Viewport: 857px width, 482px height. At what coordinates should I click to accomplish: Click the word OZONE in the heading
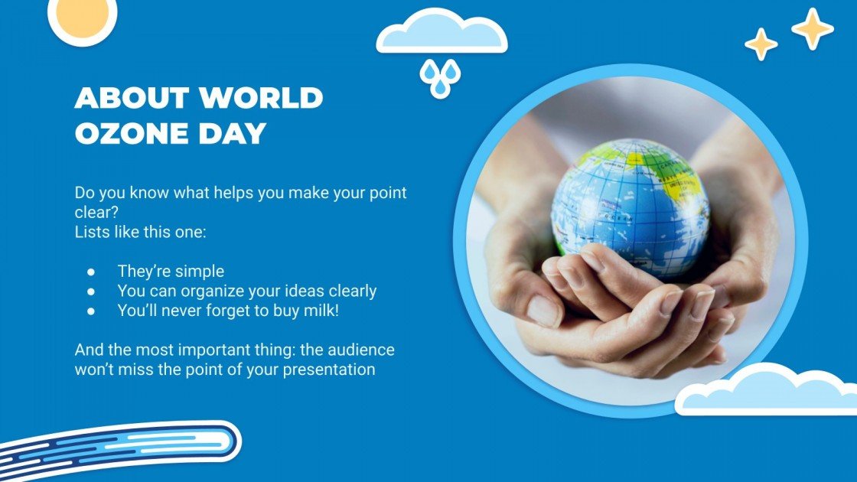click(125, 134)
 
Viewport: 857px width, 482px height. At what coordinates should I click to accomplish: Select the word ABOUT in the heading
click(132, 98)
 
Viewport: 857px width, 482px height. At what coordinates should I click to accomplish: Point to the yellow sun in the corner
click(82, 16)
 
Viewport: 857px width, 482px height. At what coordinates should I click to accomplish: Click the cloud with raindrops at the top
click(442, 34)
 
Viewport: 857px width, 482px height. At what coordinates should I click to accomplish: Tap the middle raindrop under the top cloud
click(440, 86)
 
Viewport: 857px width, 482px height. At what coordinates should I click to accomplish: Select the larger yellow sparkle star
click(812, 29)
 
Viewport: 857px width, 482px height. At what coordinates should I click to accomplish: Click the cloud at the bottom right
click(765, 392)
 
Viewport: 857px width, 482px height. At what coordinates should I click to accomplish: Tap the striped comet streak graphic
click(122, 447)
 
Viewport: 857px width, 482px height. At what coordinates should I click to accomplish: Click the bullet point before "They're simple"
click(91, 271)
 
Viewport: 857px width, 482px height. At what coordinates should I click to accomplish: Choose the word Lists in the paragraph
click(92, 232)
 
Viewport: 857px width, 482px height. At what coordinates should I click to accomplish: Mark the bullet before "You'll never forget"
click(91, 310)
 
